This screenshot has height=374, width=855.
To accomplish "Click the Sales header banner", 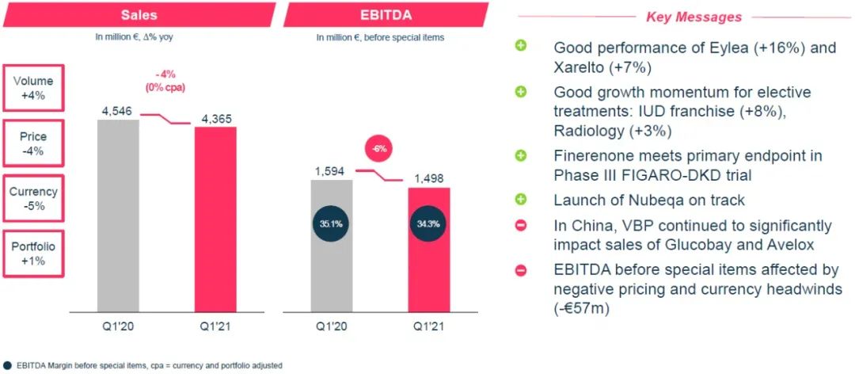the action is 138,14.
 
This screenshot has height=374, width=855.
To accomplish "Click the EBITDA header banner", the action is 385,14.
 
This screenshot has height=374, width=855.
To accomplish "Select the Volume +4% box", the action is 33,88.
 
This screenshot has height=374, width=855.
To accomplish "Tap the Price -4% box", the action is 33,143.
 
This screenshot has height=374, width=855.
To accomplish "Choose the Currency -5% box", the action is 33,199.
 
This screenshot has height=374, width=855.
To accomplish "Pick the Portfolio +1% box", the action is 33,254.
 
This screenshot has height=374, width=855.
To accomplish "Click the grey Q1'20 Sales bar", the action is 118,216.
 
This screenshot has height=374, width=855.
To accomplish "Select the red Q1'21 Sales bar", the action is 215,219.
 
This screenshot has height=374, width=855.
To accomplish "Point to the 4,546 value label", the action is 118,111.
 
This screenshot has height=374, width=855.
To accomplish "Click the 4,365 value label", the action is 215,119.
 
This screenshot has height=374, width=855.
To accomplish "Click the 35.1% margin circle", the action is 332,224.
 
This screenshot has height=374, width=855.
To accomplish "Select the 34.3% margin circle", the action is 428,224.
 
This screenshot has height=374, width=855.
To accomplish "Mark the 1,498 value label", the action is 428,179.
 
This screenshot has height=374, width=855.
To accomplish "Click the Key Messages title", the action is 693,17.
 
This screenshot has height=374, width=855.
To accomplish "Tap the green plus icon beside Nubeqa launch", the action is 521,200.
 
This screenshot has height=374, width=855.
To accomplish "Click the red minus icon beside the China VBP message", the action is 521,225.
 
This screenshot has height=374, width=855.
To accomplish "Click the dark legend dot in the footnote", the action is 6,365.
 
